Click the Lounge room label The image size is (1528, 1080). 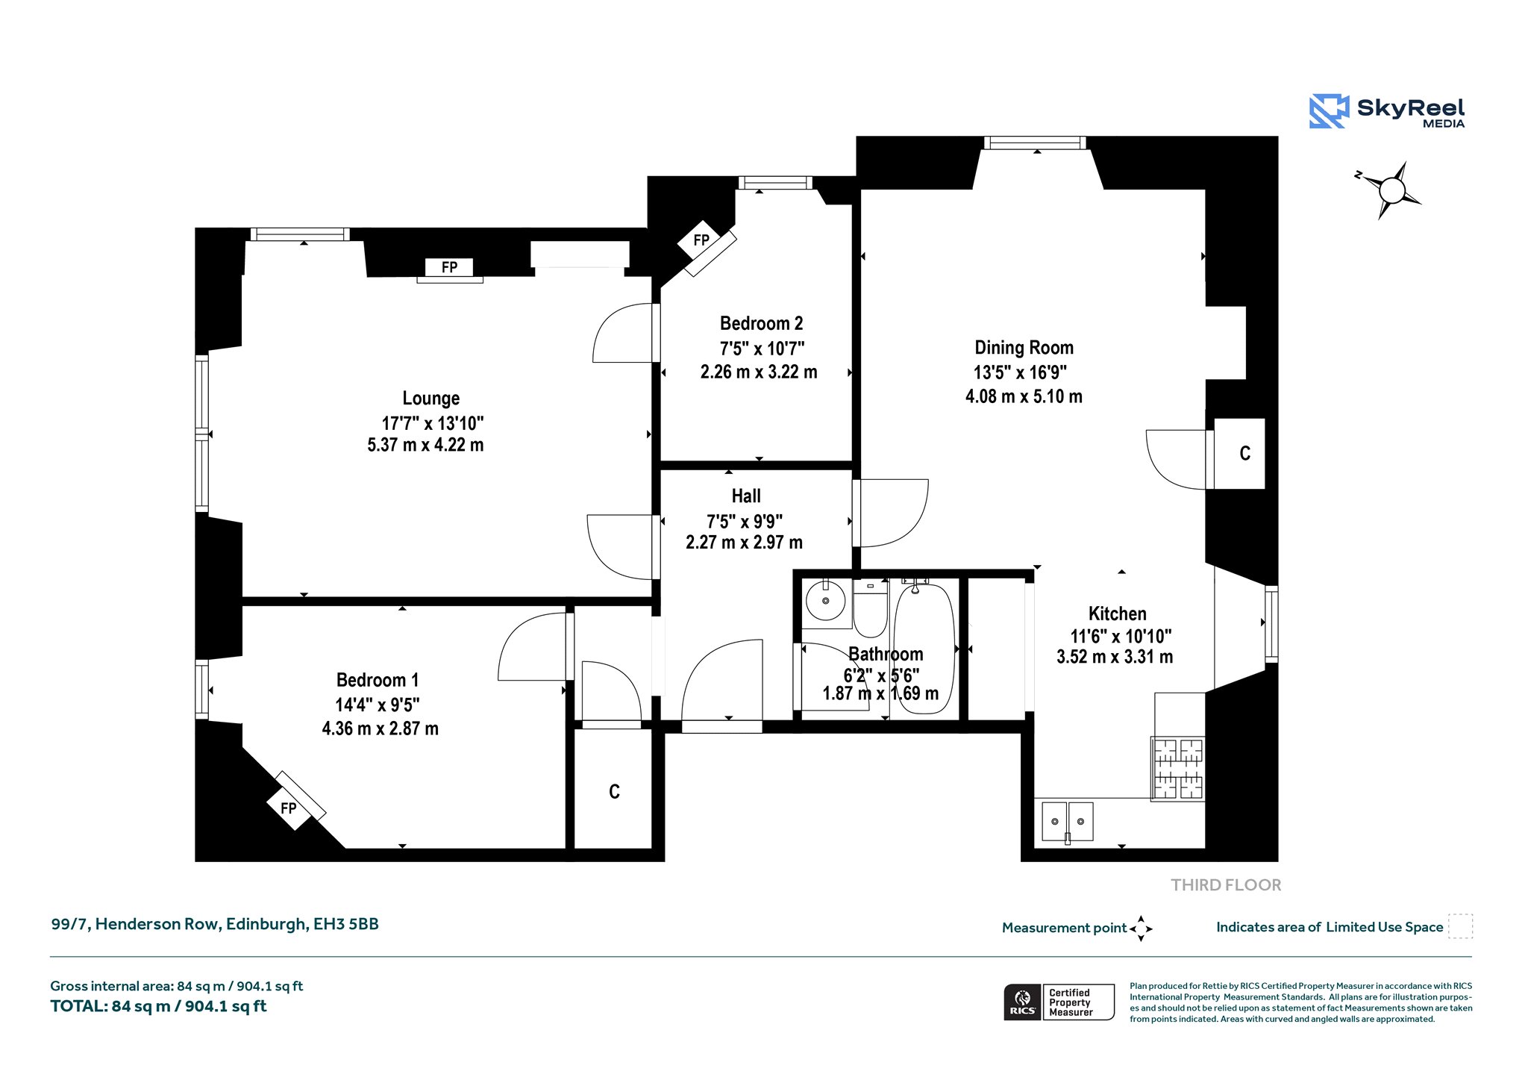click(x=430, y=399)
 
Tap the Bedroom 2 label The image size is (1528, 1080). click(x=761, y=324)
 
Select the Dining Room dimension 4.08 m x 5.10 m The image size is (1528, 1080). click(x=1024, y=396)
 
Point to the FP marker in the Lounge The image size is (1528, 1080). click(x=449, y=267)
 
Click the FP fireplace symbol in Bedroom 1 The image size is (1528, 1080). click(x=289, y=808)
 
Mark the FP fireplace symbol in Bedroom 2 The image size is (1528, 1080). click(x=701, y=240)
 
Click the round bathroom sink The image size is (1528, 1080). click(x=826, y=600)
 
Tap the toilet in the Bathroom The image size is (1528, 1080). click(x=870, y=608)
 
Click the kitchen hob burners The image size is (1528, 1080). click(x=1178, y=769)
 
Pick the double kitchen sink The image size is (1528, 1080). click(x=1068, y=822)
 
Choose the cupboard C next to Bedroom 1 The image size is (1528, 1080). click(x=614, y=791)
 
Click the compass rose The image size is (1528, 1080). click(x=1391, y=190)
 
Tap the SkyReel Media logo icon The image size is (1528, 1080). click(x=1329, y=111)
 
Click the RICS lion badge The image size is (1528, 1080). click(x=1023, y=1002)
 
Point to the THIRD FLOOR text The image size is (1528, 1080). click(x=1226, y=885)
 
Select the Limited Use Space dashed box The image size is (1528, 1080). click(x=1460, y=926)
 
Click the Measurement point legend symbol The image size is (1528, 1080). click(x=1141, y=928)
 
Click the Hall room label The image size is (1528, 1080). click(x=746, y=496)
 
